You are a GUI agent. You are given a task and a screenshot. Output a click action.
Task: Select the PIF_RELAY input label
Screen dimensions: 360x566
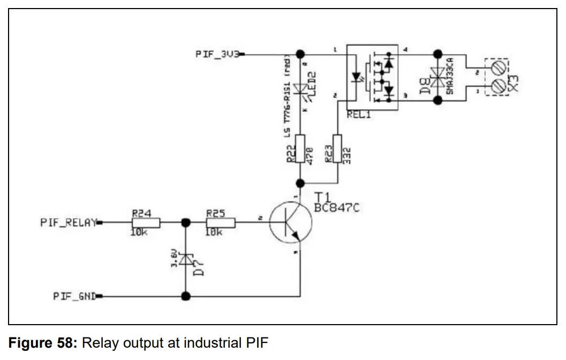[68, 222]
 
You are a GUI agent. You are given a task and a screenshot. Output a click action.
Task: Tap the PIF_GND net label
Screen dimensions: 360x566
[74, 296]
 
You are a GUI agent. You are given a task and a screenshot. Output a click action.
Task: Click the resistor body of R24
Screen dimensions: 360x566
[142, 222]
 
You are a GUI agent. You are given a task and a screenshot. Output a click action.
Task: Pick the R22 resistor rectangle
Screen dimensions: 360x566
[300, 149]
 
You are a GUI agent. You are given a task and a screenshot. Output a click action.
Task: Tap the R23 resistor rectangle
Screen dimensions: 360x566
[337, 149]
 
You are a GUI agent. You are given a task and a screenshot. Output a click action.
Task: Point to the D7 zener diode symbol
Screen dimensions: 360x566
[186, 260]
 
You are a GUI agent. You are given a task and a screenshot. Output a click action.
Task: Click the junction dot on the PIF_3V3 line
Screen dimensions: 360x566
[300, 54]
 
